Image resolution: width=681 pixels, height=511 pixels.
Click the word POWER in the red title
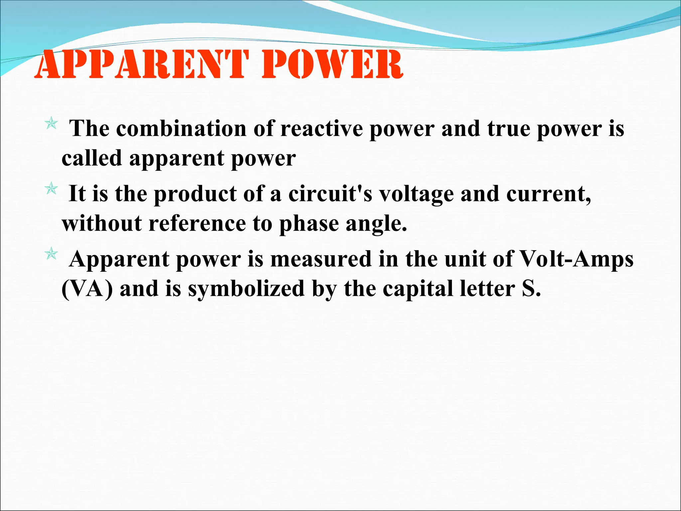[x=333, y=65]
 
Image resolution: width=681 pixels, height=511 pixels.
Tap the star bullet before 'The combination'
[x=51, y=124]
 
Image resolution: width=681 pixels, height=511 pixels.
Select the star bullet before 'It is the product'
[x=51, y=189]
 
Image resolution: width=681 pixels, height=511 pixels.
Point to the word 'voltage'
[x=416, y=194]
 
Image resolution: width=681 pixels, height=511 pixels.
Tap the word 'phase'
[x=309, y=224]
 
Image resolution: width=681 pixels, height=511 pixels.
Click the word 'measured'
[x=321, y=259]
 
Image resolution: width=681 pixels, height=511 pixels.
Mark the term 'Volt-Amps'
[x=576, y=259]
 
